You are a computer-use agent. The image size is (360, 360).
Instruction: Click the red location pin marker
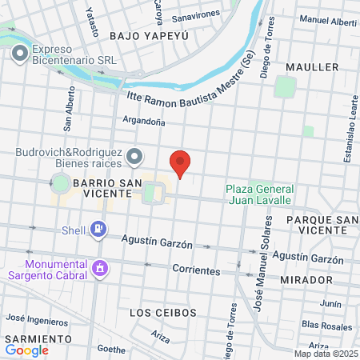pos(181,163)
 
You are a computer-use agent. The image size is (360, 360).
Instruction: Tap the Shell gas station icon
pos(98,230)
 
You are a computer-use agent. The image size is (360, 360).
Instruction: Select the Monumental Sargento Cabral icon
pos(100,267)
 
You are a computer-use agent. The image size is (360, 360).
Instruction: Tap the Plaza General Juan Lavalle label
pos(259,194)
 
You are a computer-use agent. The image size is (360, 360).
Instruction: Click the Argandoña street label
pos(143,122)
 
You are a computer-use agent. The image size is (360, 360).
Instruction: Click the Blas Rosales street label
pos(327,325)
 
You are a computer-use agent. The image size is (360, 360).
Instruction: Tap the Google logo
pos(26,350)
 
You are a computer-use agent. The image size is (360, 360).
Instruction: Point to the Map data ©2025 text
pos(323,353)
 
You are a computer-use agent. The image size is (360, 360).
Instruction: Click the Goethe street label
pos(110,349)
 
